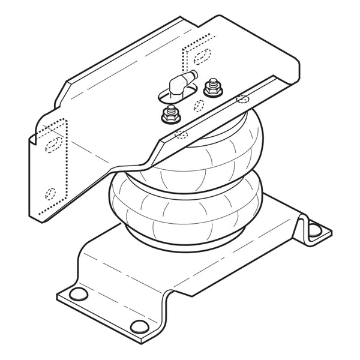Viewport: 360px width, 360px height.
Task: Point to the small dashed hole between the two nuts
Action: click(x=198, y=106)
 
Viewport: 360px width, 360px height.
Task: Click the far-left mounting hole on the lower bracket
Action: click(x=77, y=293)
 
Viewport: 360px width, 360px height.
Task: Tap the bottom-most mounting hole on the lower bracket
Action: click(x=139, y=326)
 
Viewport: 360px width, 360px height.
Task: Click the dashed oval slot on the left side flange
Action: click(x=53, y=143)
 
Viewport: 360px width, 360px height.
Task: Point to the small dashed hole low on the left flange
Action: click(x=51, y=193)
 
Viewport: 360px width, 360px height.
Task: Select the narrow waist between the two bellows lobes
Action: click(x=180, y=174)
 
